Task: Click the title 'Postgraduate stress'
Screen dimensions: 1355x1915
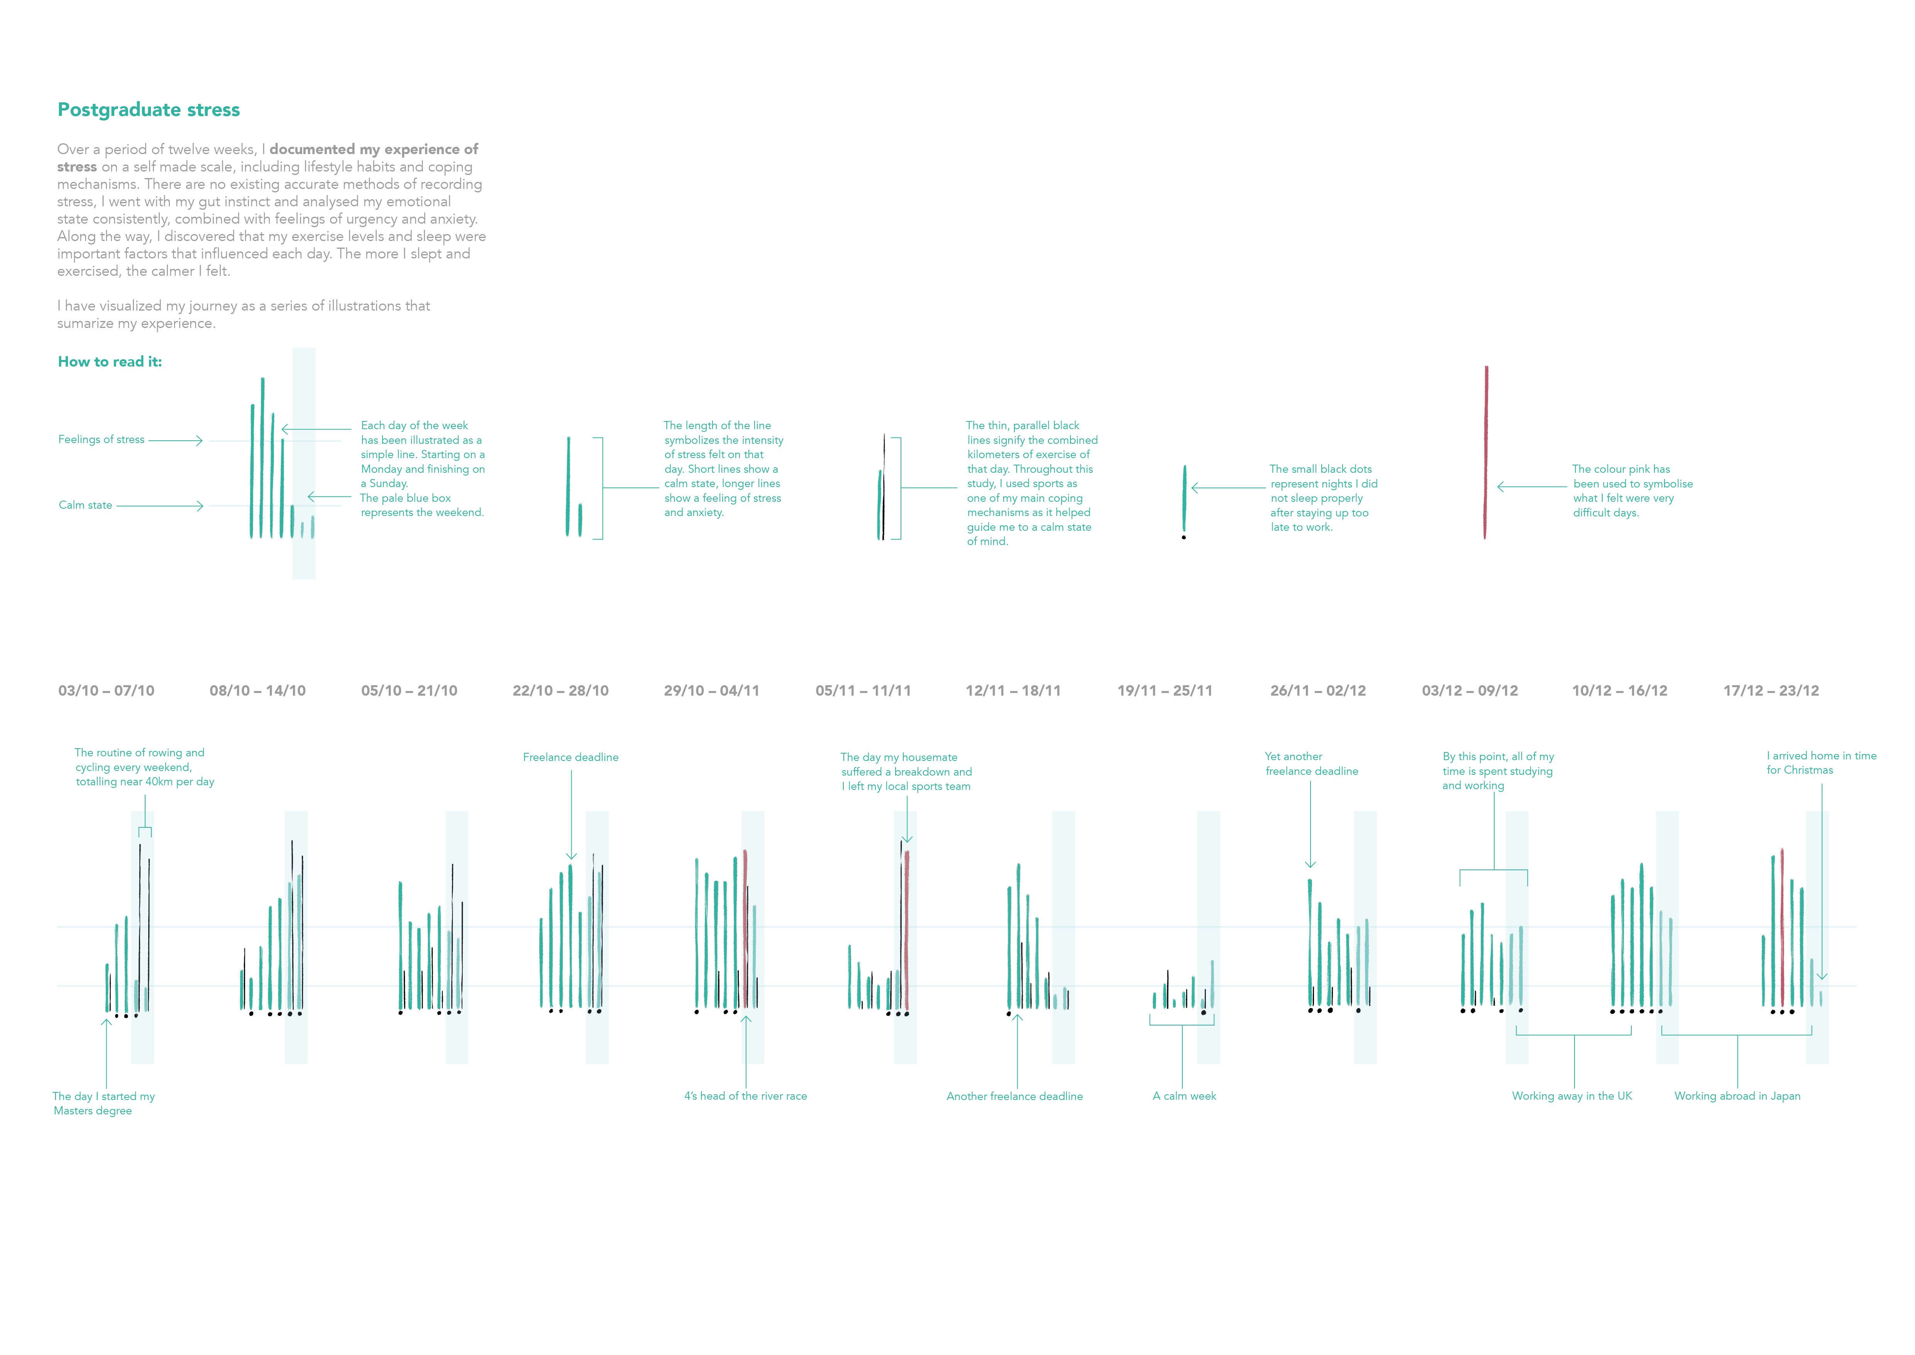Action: pyautogui.click(x=149, y=110)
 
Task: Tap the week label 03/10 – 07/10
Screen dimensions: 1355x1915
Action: pyautogui.click(x=106, y=691)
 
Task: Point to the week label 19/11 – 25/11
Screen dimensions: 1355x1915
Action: pyautogui.click(x=1164, y=691)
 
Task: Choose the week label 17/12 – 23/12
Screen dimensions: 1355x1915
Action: pyautogui.click(x=1771, y=691)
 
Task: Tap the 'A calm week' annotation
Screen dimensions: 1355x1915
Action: pyautogui.click(x=1184, y=1096)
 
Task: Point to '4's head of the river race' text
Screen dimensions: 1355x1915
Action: pyautogui.click(x=745, y=1096)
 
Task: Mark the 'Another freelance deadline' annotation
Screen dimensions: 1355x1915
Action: pyautogui.click(x=1014, y=1096)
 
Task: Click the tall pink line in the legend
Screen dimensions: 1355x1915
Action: pyautogui.click(x=1485, y=450)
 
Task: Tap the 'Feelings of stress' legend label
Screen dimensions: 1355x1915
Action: pyautogui.click(x=101, y=440)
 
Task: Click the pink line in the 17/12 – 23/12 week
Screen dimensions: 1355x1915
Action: pyautogui.click(x=1781, y=926)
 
